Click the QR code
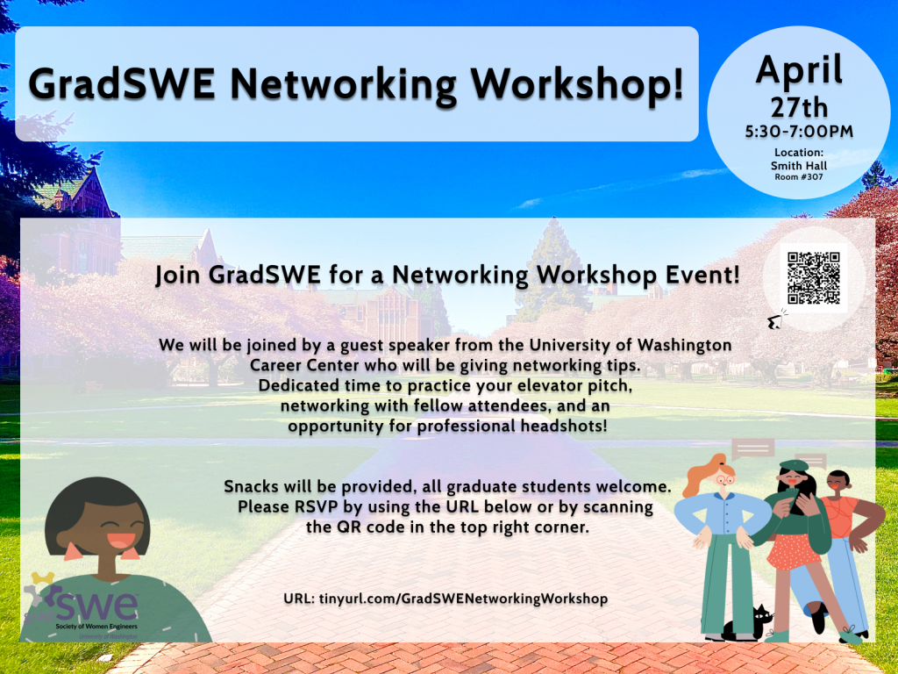pyautogui.click(x=813, y=277)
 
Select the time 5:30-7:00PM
pyautogui.click(x=799, y=133)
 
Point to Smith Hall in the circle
pyautogui.click(x=798, y=164)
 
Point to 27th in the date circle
pyautogui.click(x=799, y=108)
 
